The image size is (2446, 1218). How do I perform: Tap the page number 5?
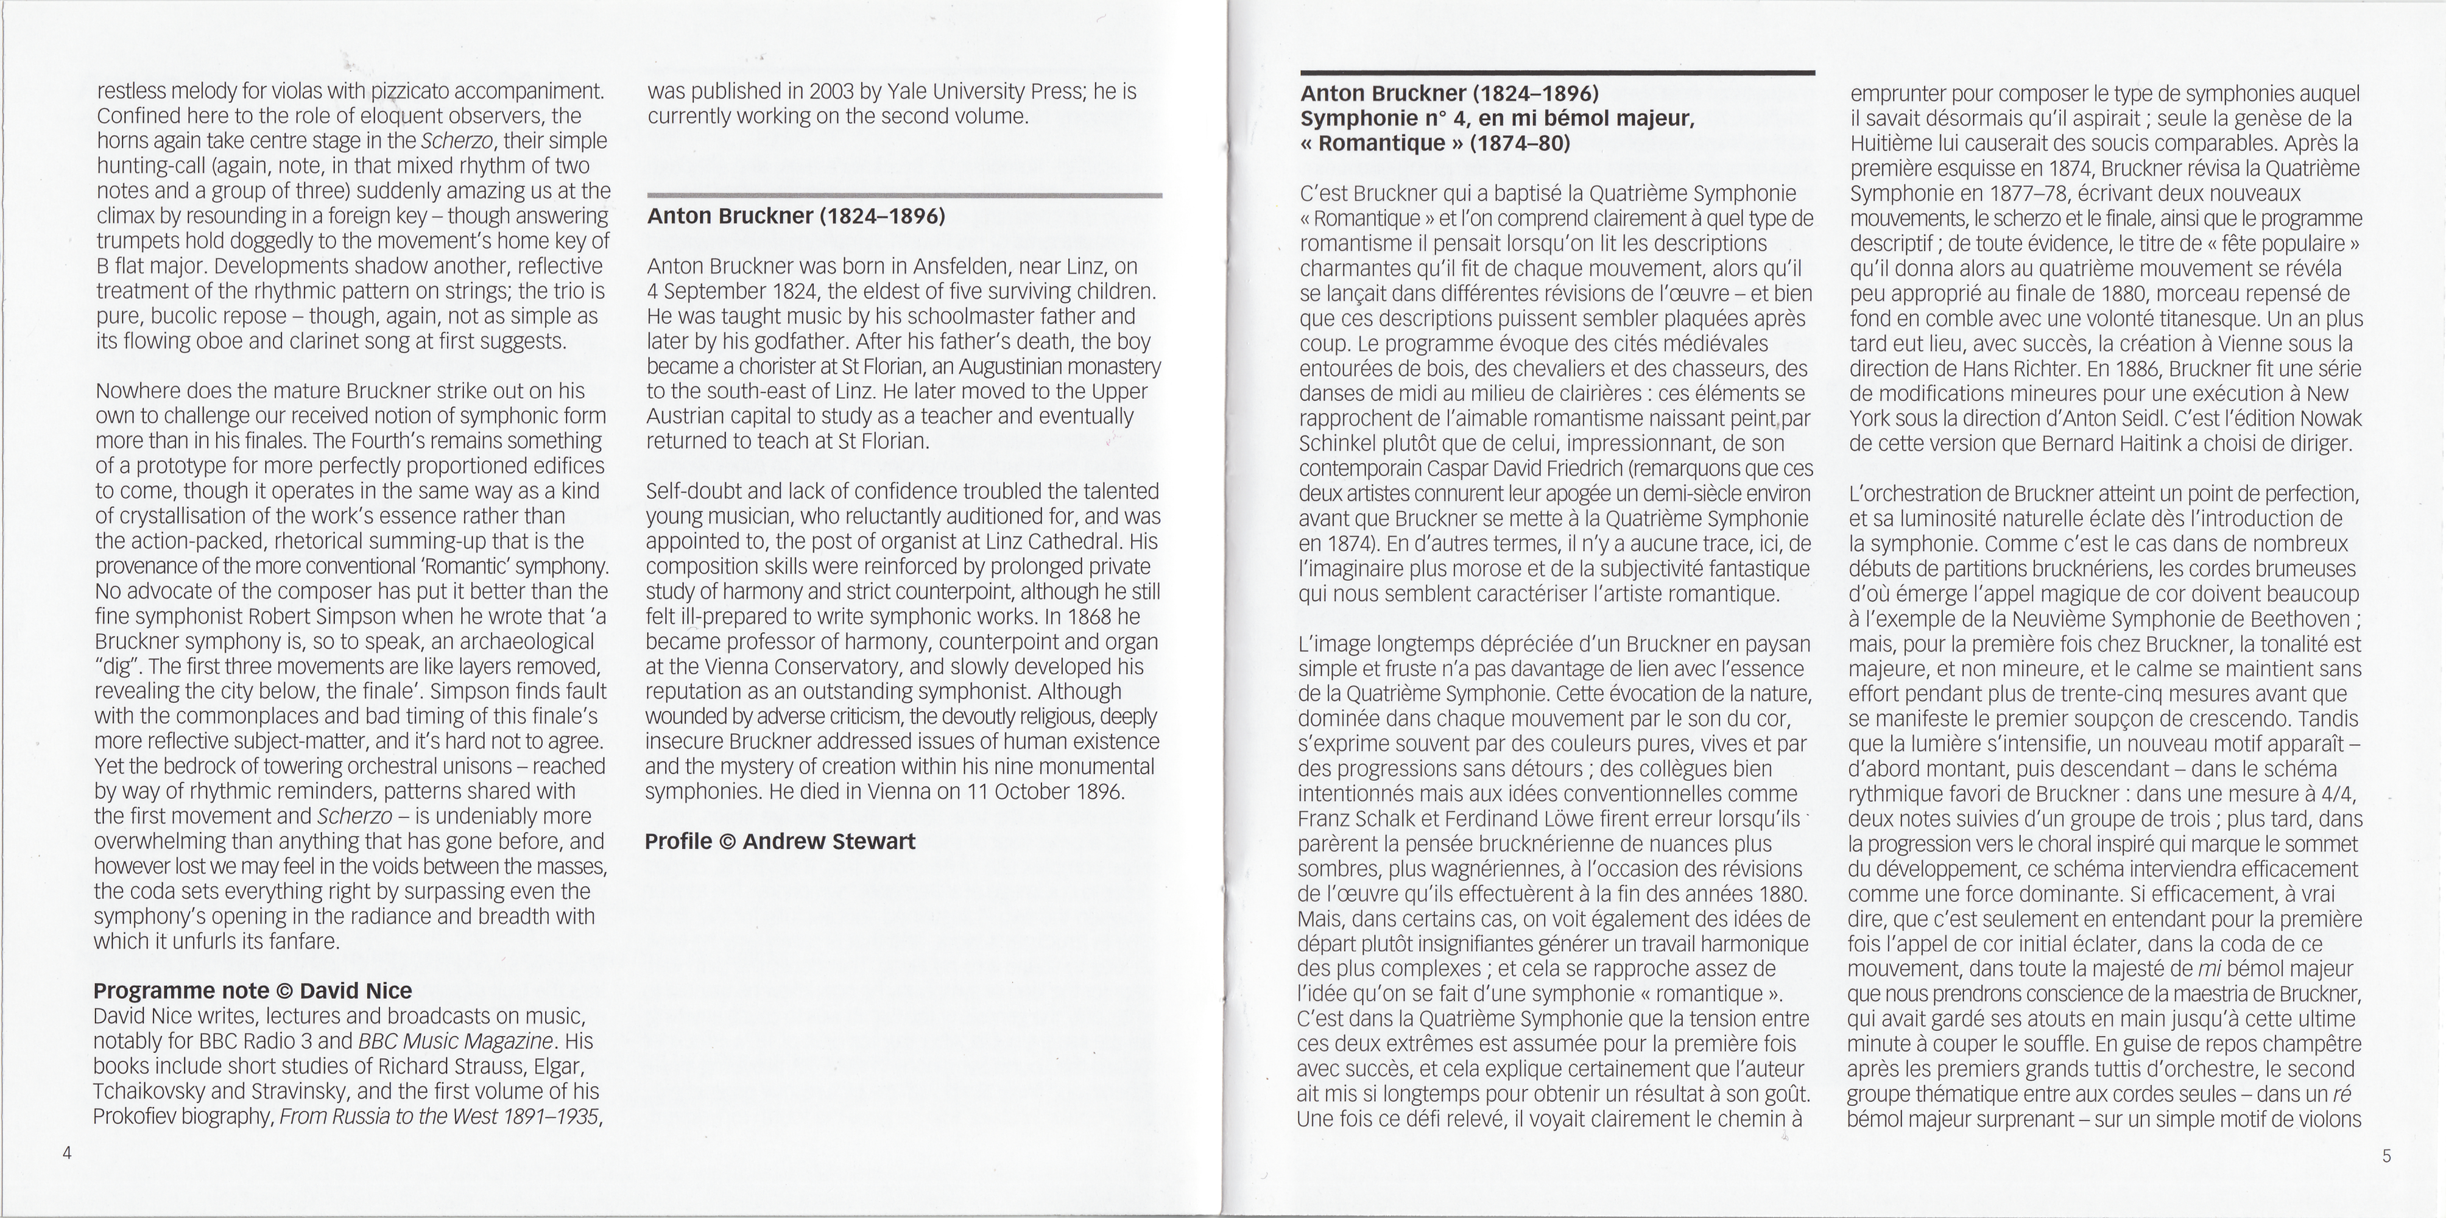click(x=2386, y=1155)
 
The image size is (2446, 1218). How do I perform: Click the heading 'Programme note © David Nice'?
click(x=253, y=991)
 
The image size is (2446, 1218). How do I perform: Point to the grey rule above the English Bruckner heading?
click(x=904, y=195)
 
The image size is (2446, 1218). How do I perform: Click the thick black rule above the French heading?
click(x=1557, y=72)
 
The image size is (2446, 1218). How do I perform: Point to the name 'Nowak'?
click(x=2329, y=418)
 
